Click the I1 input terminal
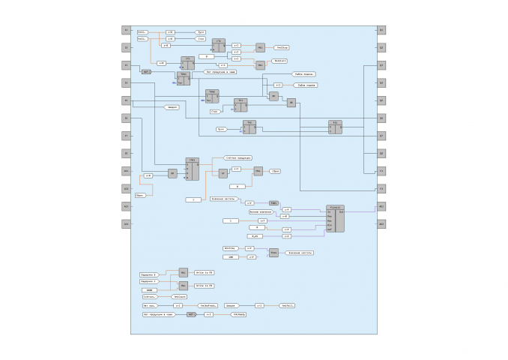tap(126, 30)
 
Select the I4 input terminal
tap(126, 82)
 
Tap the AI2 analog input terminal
tap(126, 188)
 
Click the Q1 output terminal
tap(381, 30)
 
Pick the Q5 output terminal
tap(381, 100)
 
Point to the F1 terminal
tap(381, 171)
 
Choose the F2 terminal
tap(381, 188)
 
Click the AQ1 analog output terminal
tap(381, 205)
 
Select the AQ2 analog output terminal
tap(381, 223)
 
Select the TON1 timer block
tap(183, 77)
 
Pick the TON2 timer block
tap(212, 96)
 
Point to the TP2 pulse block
tap(250, 127)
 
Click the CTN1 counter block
tap(193, 169)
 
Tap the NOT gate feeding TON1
tap(146, 72)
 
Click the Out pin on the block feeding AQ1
tap(342, 211)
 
